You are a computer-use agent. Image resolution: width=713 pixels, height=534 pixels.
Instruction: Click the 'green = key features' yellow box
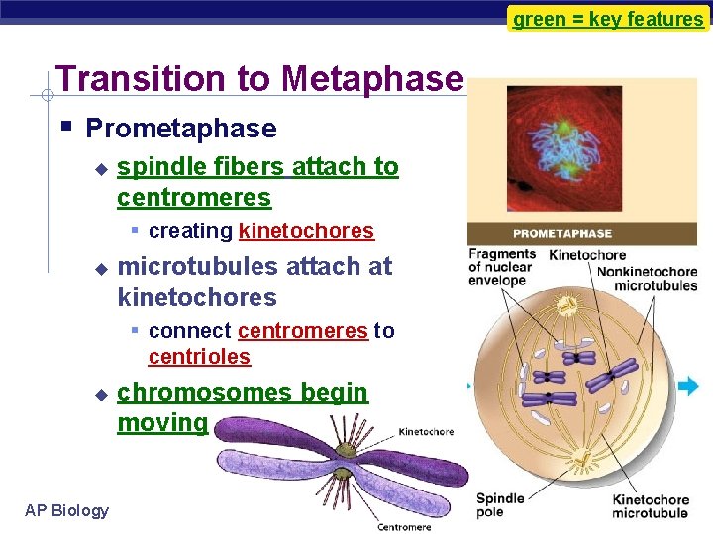(608, 18)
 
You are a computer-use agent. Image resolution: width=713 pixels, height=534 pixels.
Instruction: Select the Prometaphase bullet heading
(180, 129)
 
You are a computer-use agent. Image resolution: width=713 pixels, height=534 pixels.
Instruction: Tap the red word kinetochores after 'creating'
(306, 231)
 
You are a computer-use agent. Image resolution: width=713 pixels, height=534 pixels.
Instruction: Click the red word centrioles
(199, 357)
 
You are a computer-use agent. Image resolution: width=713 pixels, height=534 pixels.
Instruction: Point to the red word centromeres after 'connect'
(302, 331)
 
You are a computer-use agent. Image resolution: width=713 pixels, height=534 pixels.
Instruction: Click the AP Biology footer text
(67, 510)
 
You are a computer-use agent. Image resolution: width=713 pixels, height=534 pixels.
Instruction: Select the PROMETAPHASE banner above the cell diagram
(562, 234)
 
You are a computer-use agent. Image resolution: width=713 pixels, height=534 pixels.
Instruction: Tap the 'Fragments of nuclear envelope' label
(501, 267)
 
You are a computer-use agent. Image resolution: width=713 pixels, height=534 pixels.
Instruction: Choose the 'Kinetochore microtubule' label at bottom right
(649, 506)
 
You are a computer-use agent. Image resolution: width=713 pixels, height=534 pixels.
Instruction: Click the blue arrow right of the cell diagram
(688, 386)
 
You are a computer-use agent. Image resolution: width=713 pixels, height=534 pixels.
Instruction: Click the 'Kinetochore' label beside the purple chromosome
(427, 432)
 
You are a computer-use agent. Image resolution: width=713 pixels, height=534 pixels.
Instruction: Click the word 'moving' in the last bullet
(162, 423)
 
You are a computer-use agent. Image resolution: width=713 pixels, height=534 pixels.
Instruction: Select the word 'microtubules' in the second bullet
(185, 267)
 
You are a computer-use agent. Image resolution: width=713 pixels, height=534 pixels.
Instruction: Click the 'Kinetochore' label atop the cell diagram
(587, 255)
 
